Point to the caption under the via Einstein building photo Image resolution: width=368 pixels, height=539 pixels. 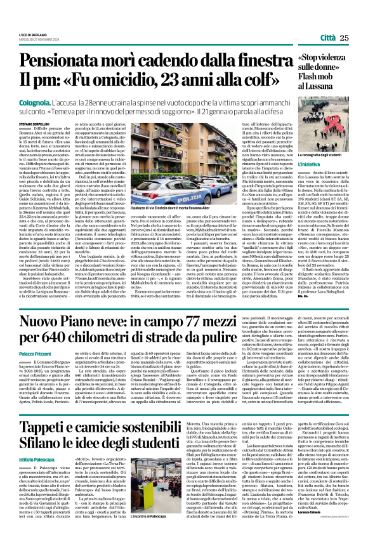[171, 224]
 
